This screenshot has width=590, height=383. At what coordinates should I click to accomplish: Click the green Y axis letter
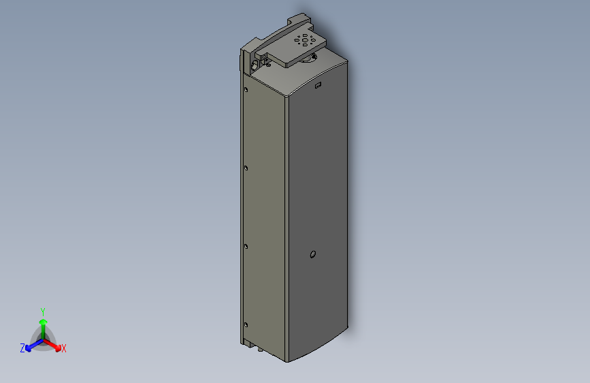click(x=43, y=311)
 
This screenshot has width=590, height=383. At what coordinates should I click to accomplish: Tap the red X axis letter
click(x=64, y=349)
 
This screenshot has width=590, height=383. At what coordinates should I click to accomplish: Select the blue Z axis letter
click(x=22, y=348)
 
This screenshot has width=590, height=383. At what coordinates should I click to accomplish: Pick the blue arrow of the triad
click(x=31, y=346)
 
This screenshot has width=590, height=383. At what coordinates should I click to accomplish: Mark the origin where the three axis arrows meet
click(x=43, y=338)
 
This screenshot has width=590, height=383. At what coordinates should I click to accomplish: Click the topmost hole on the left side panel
click(x=246, y=89)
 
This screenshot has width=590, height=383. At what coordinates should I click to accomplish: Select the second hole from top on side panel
click(x=246, y=166)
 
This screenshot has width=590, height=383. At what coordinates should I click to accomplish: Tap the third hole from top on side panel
click(x=246, y=245)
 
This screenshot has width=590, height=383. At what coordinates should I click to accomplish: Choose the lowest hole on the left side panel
click(x=246, y=322)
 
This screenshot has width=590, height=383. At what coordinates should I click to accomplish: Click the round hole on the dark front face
click(x=312, y=256)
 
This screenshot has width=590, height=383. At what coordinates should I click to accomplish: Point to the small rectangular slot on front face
click(x=317, y=86)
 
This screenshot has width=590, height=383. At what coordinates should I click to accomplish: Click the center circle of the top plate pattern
click(x=304, y=41)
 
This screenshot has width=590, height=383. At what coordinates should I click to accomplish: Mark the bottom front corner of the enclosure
click(x=286, y=361)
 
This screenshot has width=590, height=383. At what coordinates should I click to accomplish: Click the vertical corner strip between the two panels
click(x=286, y=225)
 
